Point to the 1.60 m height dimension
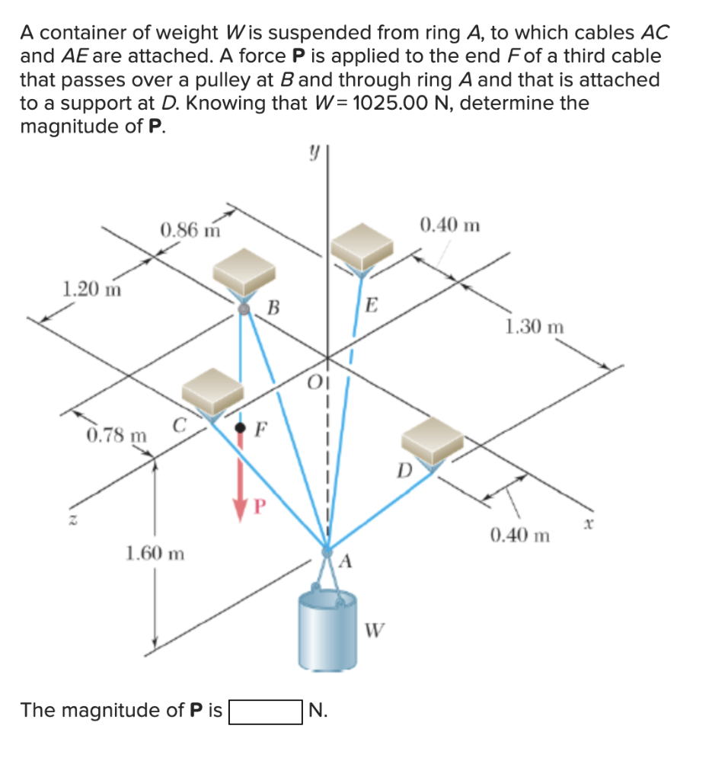point(155,552)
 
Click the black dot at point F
point(241,428)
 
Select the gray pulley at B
point(244,308)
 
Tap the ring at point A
point(327,550)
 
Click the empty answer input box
point(266,711)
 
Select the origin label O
point(314,382)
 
